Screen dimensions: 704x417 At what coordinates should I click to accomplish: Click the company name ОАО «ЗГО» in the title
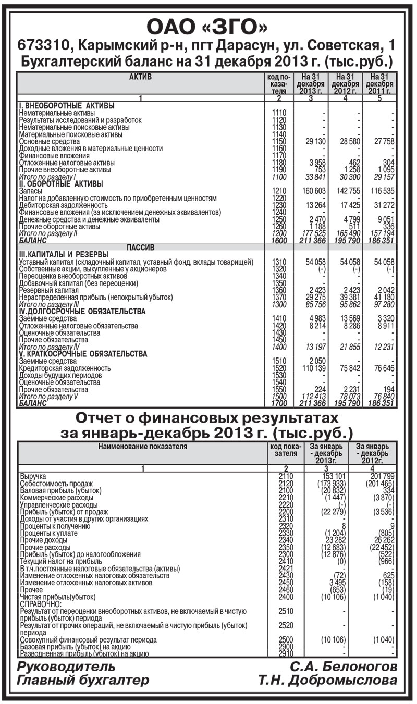(x=208, y=26)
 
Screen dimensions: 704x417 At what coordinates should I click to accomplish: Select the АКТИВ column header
(x=140, y=77)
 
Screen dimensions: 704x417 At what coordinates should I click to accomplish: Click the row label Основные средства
(x=50, y=141)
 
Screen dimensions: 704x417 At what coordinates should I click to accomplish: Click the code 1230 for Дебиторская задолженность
(x=279, y=205)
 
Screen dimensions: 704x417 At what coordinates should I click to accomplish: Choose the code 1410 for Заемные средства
(x=279, y=318)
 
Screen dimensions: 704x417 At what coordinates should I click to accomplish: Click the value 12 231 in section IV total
(x=381, y=347)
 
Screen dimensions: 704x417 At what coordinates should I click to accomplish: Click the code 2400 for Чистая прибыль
(x=286, y=596)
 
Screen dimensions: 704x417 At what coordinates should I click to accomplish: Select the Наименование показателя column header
(x=143, y=446)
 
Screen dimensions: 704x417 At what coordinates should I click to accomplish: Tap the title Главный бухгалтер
(x=83, y=680)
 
